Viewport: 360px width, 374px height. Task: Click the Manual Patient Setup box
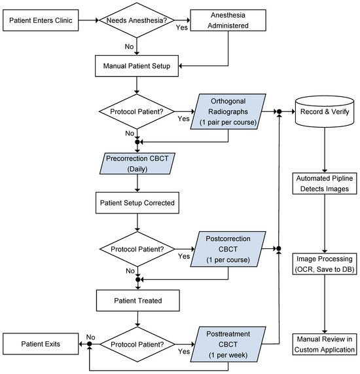pos(135,66)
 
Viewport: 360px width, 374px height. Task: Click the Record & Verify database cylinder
pos(324,111)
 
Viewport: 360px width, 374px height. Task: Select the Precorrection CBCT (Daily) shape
pos(135,163)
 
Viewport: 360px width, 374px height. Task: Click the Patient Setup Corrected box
pos(135,203)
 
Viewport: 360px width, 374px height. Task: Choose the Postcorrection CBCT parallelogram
pos(227,249)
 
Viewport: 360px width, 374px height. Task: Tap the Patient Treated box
pos(135,301)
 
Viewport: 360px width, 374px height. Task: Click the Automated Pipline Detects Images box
pos(324,183)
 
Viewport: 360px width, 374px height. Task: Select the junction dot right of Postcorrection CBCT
pos(279,249)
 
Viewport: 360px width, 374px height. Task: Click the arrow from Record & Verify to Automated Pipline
pos(324,151)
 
